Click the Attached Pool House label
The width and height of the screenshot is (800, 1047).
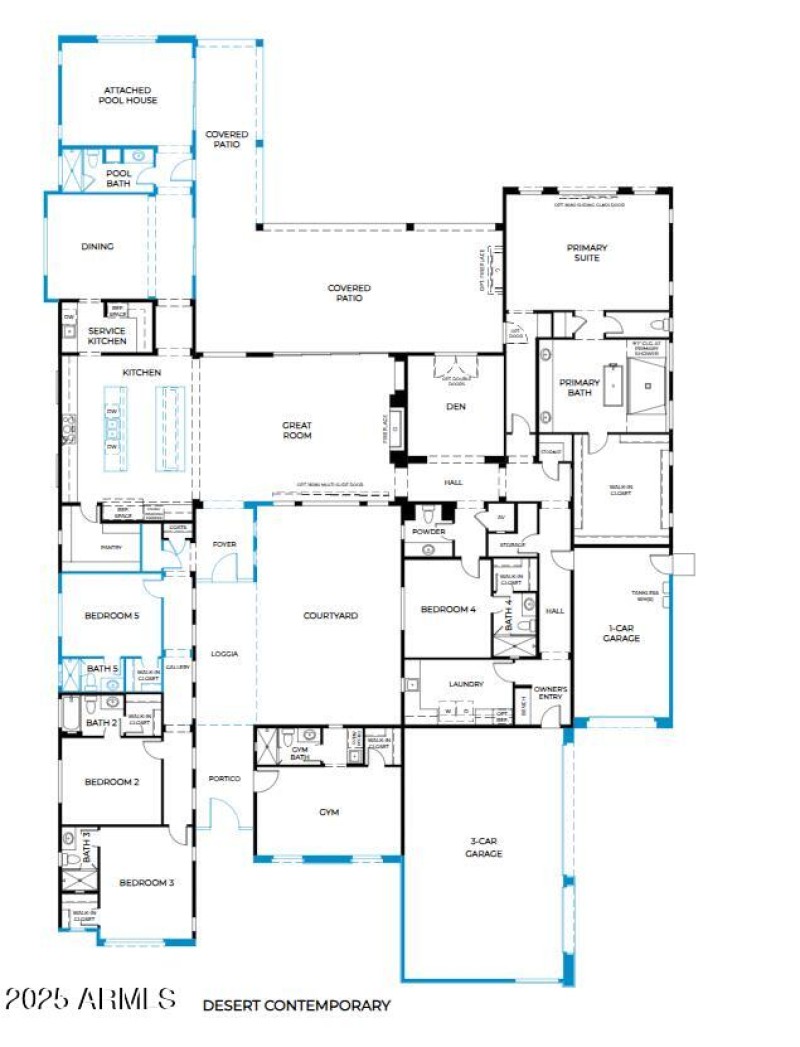tap(127, 95)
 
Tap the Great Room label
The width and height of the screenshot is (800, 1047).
tap(297, 430)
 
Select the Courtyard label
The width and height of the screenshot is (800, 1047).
tap(330, 616)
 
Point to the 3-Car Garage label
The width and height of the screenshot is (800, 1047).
tap(484, 848)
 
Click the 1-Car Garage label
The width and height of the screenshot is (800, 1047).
tap(621, 632)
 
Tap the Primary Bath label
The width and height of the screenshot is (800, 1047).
tap(579, 387)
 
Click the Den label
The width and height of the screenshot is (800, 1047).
tap(456, 406)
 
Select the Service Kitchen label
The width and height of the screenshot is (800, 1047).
tap(107, 336)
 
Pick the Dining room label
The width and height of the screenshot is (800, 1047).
tap(97, 246)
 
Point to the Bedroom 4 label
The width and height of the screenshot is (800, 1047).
tap(448, 609)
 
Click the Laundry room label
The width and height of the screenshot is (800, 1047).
tap(466, 684)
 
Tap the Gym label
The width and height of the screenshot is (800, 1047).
tap(329, 812)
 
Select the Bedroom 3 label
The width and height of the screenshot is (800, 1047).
tap(147, 882)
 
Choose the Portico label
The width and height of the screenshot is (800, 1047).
tap(225, 778)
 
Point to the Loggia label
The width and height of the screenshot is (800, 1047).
tap(224, 654)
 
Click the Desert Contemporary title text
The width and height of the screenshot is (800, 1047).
tap(296, 1005)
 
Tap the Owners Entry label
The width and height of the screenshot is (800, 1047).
tap(551, 693)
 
